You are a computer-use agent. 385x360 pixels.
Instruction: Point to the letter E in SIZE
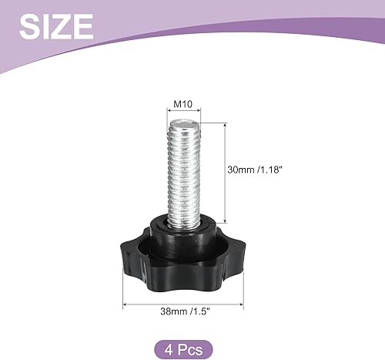click(x=82, y=26)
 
